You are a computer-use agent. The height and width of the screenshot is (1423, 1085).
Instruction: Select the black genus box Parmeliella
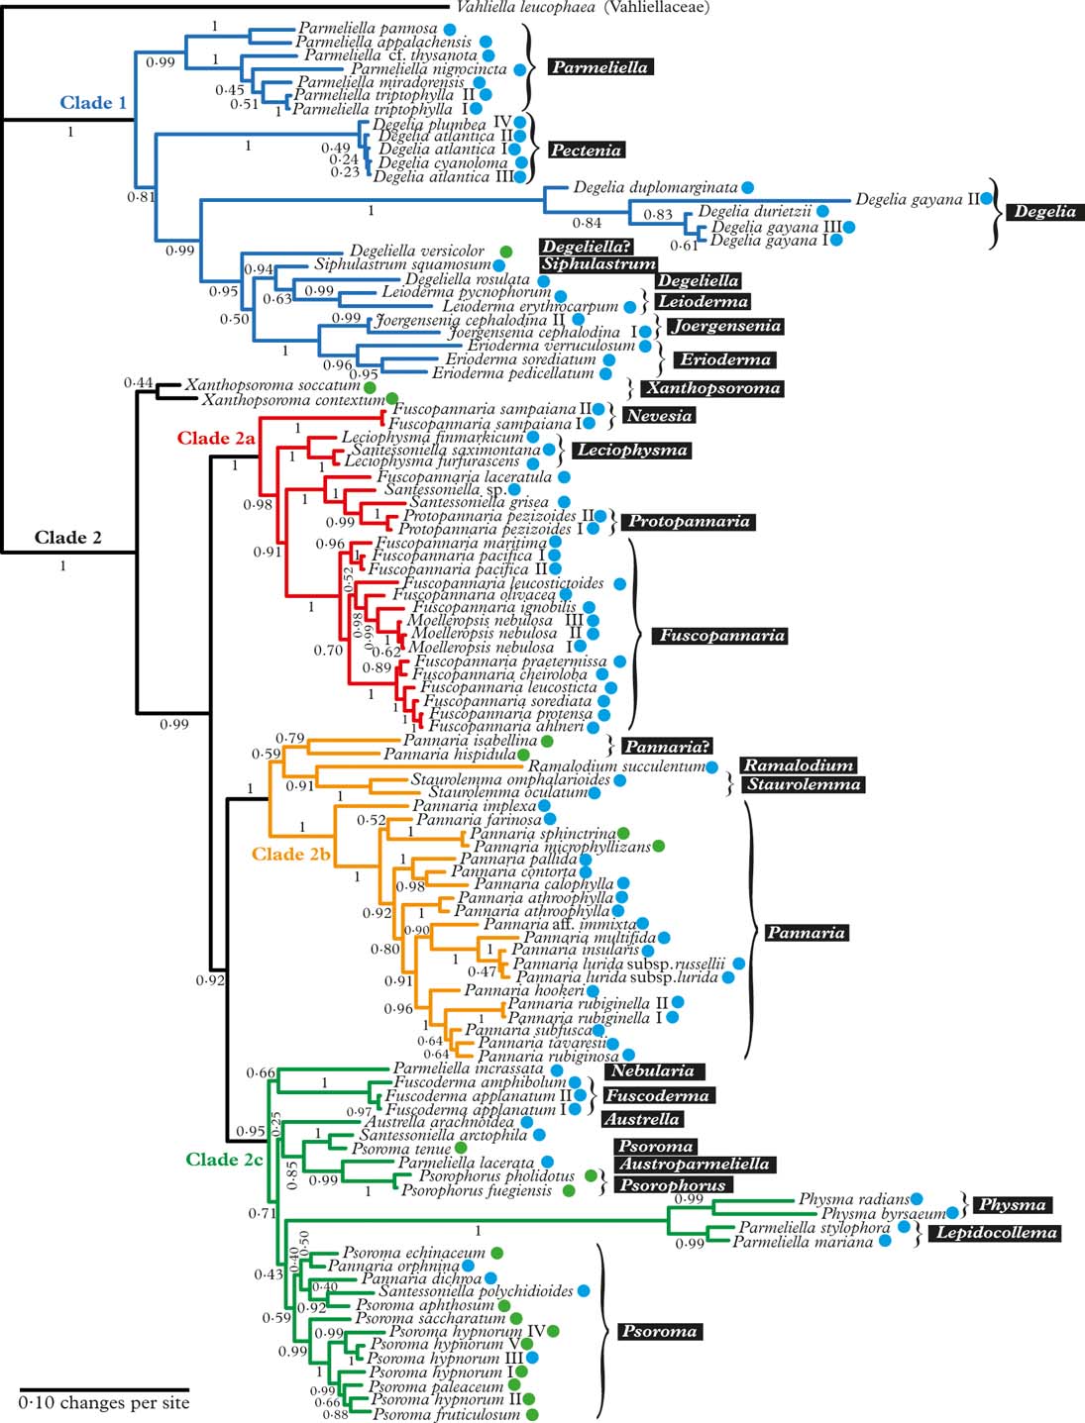[x=599, y=67]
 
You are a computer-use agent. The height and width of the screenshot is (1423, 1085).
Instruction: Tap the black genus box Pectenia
[x=586, y=151]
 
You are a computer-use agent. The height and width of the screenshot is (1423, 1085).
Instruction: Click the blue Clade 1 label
[x=93, y=103]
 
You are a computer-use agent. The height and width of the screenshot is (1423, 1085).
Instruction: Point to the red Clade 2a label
[x=216, y=438]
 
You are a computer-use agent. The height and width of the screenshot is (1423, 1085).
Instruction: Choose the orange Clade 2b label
[x=290, y=854]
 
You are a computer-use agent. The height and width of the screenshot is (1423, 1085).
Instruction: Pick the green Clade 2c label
[x=225, y=1160]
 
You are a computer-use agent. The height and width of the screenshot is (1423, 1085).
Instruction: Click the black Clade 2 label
[x=67, y=538]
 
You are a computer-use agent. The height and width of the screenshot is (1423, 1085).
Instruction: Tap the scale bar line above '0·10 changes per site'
[x=103, y=1389]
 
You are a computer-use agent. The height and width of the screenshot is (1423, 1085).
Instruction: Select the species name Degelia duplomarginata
[x=655, y=187]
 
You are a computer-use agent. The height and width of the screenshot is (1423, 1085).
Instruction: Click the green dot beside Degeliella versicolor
[x=505, y=252]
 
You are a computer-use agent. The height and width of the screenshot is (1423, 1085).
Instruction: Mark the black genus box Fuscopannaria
[x=719, y=636]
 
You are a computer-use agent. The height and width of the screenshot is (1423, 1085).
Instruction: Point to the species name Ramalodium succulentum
[x=616, y=766]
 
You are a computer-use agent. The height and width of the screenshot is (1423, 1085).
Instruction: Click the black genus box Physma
[x=1012, y=1205]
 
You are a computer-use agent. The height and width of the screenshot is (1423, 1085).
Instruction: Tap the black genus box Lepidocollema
[x=997, y=1233]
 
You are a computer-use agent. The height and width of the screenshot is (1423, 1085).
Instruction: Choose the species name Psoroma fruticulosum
[x=446, y=1415]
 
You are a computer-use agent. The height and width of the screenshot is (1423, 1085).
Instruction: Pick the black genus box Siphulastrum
[x=597, y=264]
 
